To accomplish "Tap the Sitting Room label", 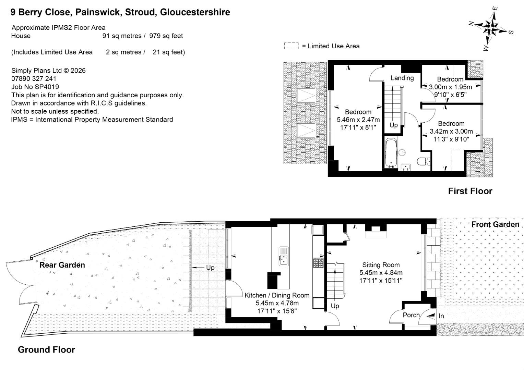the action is point(381,265).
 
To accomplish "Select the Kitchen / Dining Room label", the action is point(277,295).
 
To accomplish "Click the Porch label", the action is point(411,315).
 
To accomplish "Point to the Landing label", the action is point(402,78).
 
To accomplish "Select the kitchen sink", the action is point(284,256).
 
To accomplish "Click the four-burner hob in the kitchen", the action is point(318,262).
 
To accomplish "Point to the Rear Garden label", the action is point(62,265).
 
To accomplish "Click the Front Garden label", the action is point(495,224).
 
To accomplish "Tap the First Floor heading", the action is point(470,191).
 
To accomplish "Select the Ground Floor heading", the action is point(46,350).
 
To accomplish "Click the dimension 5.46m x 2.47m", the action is point(358,120).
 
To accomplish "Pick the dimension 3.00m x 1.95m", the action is point(451,87).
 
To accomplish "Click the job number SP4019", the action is point(35,87).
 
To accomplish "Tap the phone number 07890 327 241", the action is point(34,78).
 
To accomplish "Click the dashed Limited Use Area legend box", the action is point(291,46).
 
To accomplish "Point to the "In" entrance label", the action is point(441,316).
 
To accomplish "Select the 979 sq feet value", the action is point(166,36).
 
